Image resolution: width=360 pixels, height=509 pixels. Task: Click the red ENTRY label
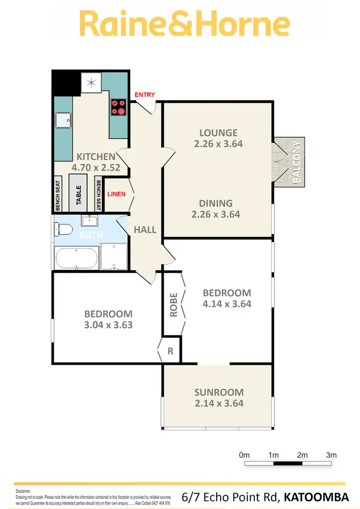pos(144,95)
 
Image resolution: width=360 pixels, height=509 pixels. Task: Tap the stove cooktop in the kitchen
pos(119,107)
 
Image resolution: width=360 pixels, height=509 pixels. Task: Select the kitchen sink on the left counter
pos(63,121)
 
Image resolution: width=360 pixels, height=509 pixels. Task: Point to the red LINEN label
pos(116,194)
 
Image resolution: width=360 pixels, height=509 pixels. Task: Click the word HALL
pos(145,230)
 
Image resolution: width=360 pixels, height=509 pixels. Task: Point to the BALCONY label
pos(296,162)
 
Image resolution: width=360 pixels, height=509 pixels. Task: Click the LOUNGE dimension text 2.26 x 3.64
pos(218,143)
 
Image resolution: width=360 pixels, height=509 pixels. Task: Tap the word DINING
pos(216,203)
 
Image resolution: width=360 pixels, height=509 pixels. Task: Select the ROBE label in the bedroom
pos(174,305)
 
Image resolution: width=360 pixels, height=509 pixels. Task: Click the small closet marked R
pos(170,351)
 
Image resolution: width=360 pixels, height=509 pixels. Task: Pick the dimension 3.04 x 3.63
pos(108,325)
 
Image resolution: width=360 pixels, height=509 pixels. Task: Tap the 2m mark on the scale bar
pos(302,455)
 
